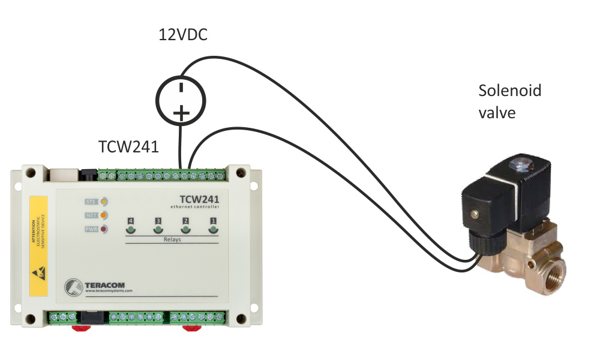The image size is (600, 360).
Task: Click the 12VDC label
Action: click(183, 35)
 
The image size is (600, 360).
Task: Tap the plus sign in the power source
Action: click(181, 112)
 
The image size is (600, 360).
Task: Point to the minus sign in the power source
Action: click(181, 88)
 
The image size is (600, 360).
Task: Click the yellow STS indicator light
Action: click(104, 202)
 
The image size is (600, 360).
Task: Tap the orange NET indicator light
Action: click(104, 215)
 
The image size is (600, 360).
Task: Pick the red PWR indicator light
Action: click(104, 229)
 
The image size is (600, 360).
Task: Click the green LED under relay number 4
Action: click(131, 229)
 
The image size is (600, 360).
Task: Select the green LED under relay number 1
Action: click(213, 229)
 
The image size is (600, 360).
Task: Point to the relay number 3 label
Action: click(158, 221)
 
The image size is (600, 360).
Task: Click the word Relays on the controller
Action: click(172, 239)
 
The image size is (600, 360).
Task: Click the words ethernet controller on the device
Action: click(195, 206)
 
